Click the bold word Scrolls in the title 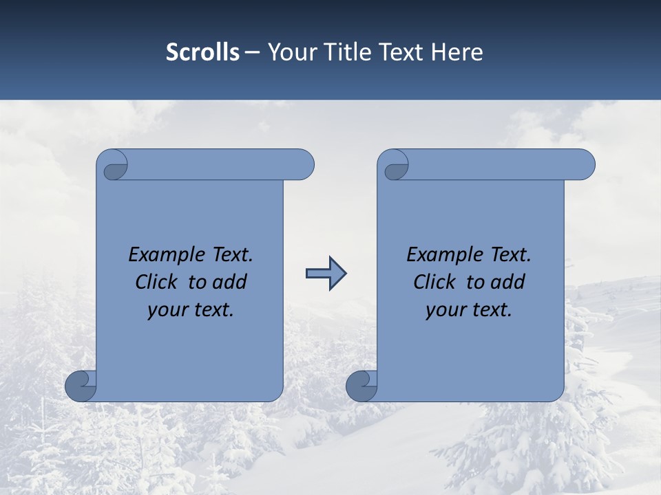[202, 52]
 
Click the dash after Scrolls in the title [252, 52]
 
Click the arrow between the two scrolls [326, 274]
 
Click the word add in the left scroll [231, 283]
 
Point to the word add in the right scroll [509, 283]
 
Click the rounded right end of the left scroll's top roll [303, 165]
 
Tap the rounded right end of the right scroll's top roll [584, 165]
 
